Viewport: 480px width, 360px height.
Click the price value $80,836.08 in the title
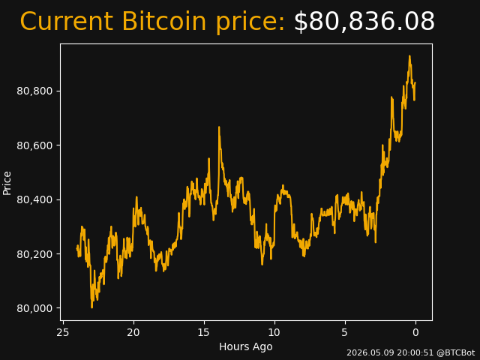[x=364, y=22]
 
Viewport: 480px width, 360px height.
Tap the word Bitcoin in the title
[x=164, y=22]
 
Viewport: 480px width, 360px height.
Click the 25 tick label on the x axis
[x=63, y=332]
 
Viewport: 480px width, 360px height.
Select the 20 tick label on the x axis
[x=133, y=332]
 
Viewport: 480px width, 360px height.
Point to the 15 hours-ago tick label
[x=204, y=332]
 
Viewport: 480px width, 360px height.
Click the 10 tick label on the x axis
[x=274, y=332]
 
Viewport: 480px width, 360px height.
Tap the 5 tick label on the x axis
[x=345, y=332]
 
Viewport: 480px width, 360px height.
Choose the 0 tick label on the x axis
[x=415, y=332]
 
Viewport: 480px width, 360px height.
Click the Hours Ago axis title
[x=246, y=346]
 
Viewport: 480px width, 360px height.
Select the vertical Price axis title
[x=7, y=183]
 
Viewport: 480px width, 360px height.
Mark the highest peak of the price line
[x=409, y=56]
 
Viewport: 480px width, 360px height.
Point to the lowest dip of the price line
[x=91, y=307]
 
